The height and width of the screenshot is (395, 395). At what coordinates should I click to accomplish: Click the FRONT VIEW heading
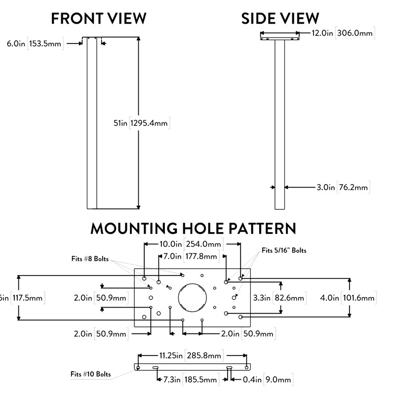click(99, 19)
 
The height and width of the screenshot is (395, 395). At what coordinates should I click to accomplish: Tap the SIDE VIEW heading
click(280, 19)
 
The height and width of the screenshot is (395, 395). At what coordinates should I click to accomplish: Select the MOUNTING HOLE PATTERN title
click(193, 228)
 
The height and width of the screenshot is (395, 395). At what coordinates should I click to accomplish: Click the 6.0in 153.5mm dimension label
click(34, 44)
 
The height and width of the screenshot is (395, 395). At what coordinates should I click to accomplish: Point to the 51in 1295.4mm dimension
click(141, 124)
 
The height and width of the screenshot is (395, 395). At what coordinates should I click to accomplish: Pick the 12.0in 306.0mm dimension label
click(342, 34)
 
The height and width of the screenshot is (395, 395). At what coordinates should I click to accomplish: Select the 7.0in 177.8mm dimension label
click(190, 256)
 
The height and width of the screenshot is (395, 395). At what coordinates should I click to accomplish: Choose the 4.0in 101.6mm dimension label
click(348, 298)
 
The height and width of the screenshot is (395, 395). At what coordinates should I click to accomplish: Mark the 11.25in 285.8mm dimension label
click(190, 355)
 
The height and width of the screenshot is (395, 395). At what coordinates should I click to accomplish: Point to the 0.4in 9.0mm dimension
click(263, 380)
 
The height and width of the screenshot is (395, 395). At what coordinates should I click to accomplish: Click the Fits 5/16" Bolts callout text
click(284, 250)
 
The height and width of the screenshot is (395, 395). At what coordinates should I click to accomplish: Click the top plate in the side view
click(280, 36)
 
